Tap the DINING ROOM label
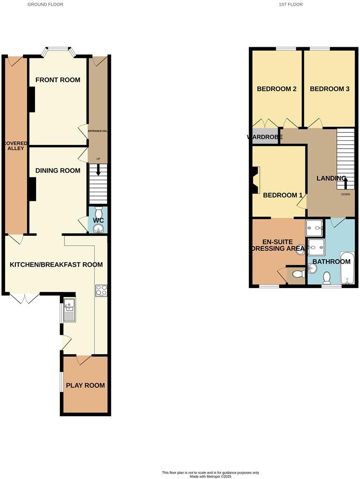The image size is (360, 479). tap(58, 171)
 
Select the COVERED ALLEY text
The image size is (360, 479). tap(15, 145)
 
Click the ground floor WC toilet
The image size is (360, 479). tap(98, 211)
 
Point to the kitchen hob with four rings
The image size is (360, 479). tap(101, 290)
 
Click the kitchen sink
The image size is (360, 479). tap(69, 311)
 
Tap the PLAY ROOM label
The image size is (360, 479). tap(85, 385)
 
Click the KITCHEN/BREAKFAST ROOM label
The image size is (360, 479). tap(56, 265)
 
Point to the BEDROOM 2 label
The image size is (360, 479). tap(277, 89)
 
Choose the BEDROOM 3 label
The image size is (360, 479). tap(330, 89)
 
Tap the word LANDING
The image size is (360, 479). tap(331, 178)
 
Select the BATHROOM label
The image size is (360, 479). tap(331, 261)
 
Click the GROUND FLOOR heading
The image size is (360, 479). tap(45, 4)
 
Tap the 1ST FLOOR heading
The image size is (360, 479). tap(291, 4)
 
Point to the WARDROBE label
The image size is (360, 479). tap(265, 137)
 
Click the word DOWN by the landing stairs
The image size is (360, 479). tap(346, 194)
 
